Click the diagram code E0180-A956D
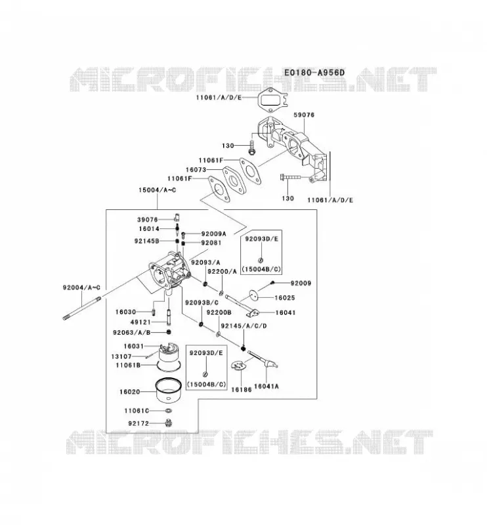(314, 72)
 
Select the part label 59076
(304, 115)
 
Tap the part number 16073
(196, 170)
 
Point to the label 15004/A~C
(157, 190)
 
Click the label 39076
(148, 220)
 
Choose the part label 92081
(211, 242)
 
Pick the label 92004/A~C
(81, 287)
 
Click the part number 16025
(285, 298)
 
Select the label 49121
(140, 322)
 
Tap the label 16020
(129, 392)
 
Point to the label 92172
(138, 423)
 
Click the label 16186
(241, 390)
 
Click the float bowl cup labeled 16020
(169, 390)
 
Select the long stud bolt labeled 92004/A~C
(82, 308)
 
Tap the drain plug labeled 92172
(169, 423)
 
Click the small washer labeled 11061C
(169, 411)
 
